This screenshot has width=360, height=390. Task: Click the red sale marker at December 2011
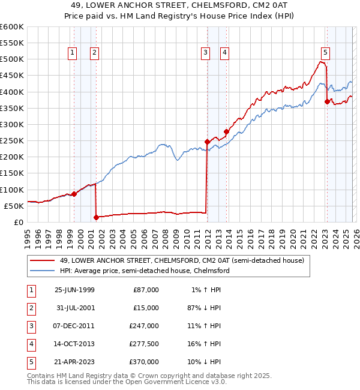pyautogui.click(x=207, y=142)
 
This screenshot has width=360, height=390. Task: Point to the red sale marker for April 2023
pyautogui.click(x=327, y=102)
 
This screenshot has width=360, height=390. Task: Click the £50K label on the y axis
pyautogui.click(x=14, y=206)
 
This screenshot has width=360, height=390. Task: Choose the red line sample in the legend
pyautogui.click(x=42, y=261)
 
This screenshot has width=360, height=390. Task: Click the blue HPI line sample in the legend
pyautogui.click(x=42, y=271)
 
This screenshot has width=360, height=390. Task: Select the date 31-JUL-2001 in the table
pyautogui.click(x=74, y=307)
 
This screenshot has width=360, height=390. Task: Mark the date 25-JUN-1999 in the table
pyautogui.click(x=74, y=289)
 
